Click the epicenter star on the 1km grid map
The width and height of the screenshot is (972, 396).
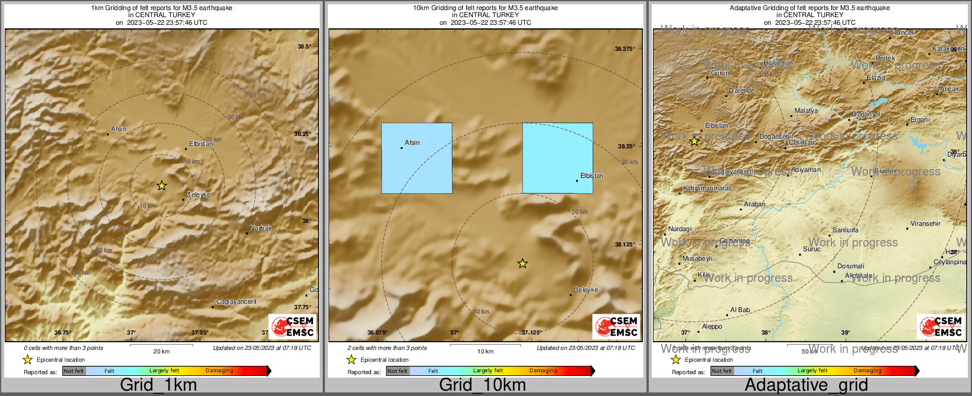click(x=161, y=186)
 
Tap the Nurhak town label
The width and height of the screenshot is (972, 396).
click(x=261, y=228)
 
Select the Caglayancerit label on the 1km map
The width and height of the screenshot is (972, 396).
click(x=236, y=302)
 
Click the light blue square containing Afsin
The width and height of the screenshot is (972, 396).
click(x=417, y=158)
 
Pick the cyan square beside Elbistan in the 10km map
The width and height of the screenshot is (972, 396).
click(x=557, y=158)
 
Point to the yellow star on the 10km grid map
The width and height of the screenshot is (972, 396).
click(x=522, y=264)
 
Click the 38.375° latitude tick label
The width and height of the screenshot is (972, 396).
click(x=625, y=49)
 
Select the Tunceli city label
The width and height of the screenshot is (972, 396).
click(x=904, y=33)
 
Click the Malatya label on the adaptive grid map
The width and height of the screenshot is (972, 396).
click(x=806, y=111)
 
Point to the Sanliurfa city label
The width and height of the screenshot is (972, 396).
click(x=845, y=230)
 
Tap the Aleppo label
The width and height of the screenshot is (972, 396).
click(x=711, y=326)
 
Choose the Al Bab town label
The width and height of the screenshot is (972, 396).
click(x=740, y=310)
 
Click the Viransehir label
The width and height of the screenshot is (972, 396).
click(x=925, y=223)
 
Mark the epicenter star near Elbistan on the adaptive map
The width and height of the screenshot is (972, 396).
click(x=694, y=142)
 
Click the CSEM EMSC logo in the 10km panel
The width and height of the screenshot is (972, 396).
click(x=616, y=326)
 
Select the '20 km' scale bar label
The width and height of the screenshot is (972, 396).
click(x=161, y=351)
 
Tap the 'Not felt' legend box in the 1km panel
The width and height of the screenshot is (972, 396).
click(x=74, y=371)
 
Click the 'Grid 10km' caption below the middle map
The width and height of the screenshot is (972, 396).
click(x=482, y=385)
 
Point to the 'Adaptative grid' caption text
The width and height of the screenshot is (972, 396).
click(x=806, y=385)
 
